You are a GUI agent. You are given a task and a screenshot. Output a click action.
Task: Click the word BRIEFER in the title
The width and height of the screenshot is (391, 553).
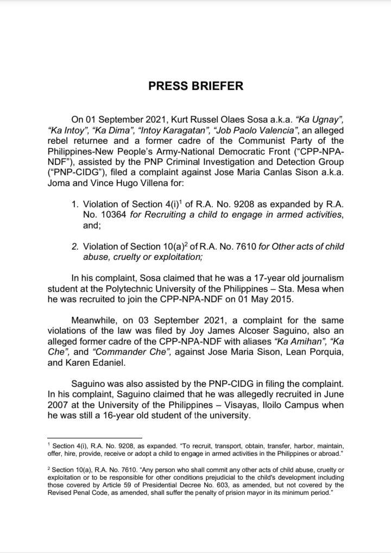click(215, 86)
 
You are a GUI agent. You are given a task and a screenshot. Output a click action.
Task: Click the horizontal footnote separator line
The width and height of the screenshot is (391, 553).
click(94, 438)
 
